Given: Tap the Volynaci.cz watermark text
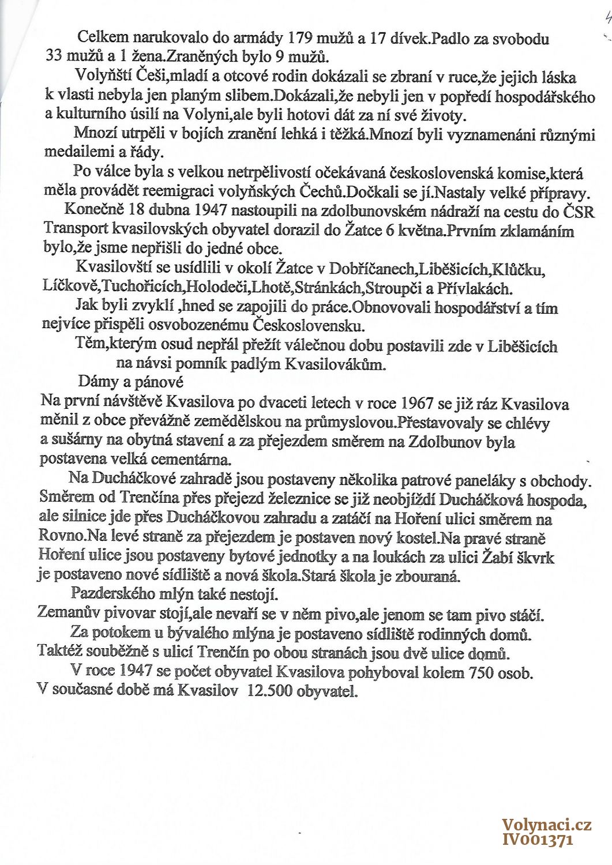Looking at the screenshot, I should (546, 825).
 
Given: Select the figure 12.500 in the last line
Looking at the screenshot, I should (269, 690).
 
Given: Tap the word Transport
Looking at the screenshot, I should (75, 229).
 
